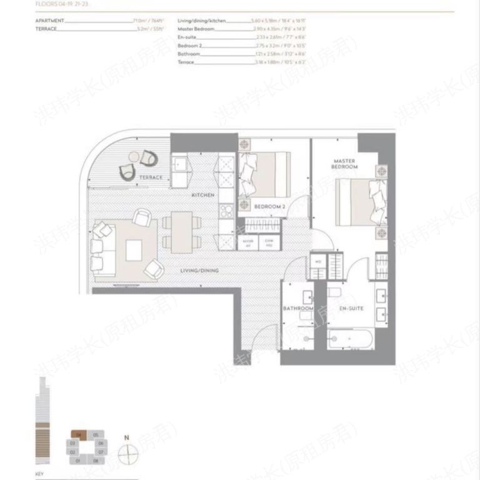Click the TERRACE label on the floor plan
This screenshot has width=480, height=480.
coord(151,177)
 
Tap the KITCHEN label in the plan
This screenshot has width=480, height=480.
coord(203,196)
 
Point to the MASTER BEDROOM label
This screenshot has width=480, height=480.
coord(344,164)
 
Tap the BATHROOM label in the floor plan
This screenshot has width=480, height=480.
coord(298,309)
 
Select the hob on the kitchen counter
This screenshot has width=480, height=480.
coord(226,209)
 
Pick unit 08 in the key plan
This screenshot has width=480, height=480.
coord(96,461)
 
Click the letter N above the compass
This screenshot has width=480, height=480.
coord(126,438)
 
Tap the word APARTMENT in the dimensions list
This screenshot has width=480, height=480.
coord(50,21)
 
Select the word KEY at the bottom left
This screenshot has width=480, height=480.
coord(39,474)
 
